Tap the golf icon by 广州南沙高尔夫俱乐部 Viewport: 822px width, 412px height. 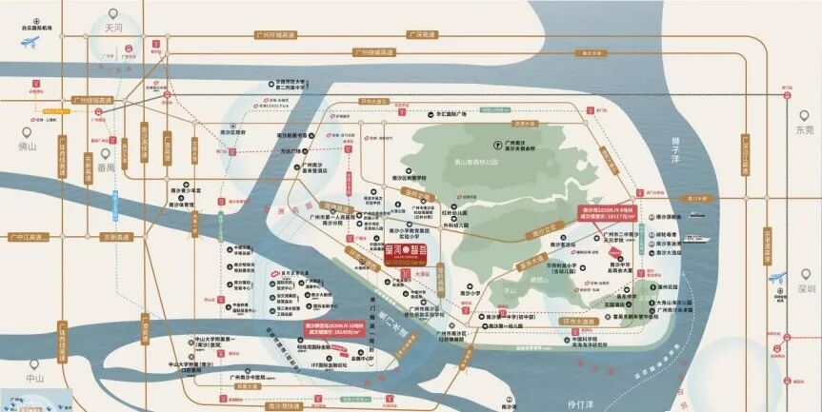[495, 145]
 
